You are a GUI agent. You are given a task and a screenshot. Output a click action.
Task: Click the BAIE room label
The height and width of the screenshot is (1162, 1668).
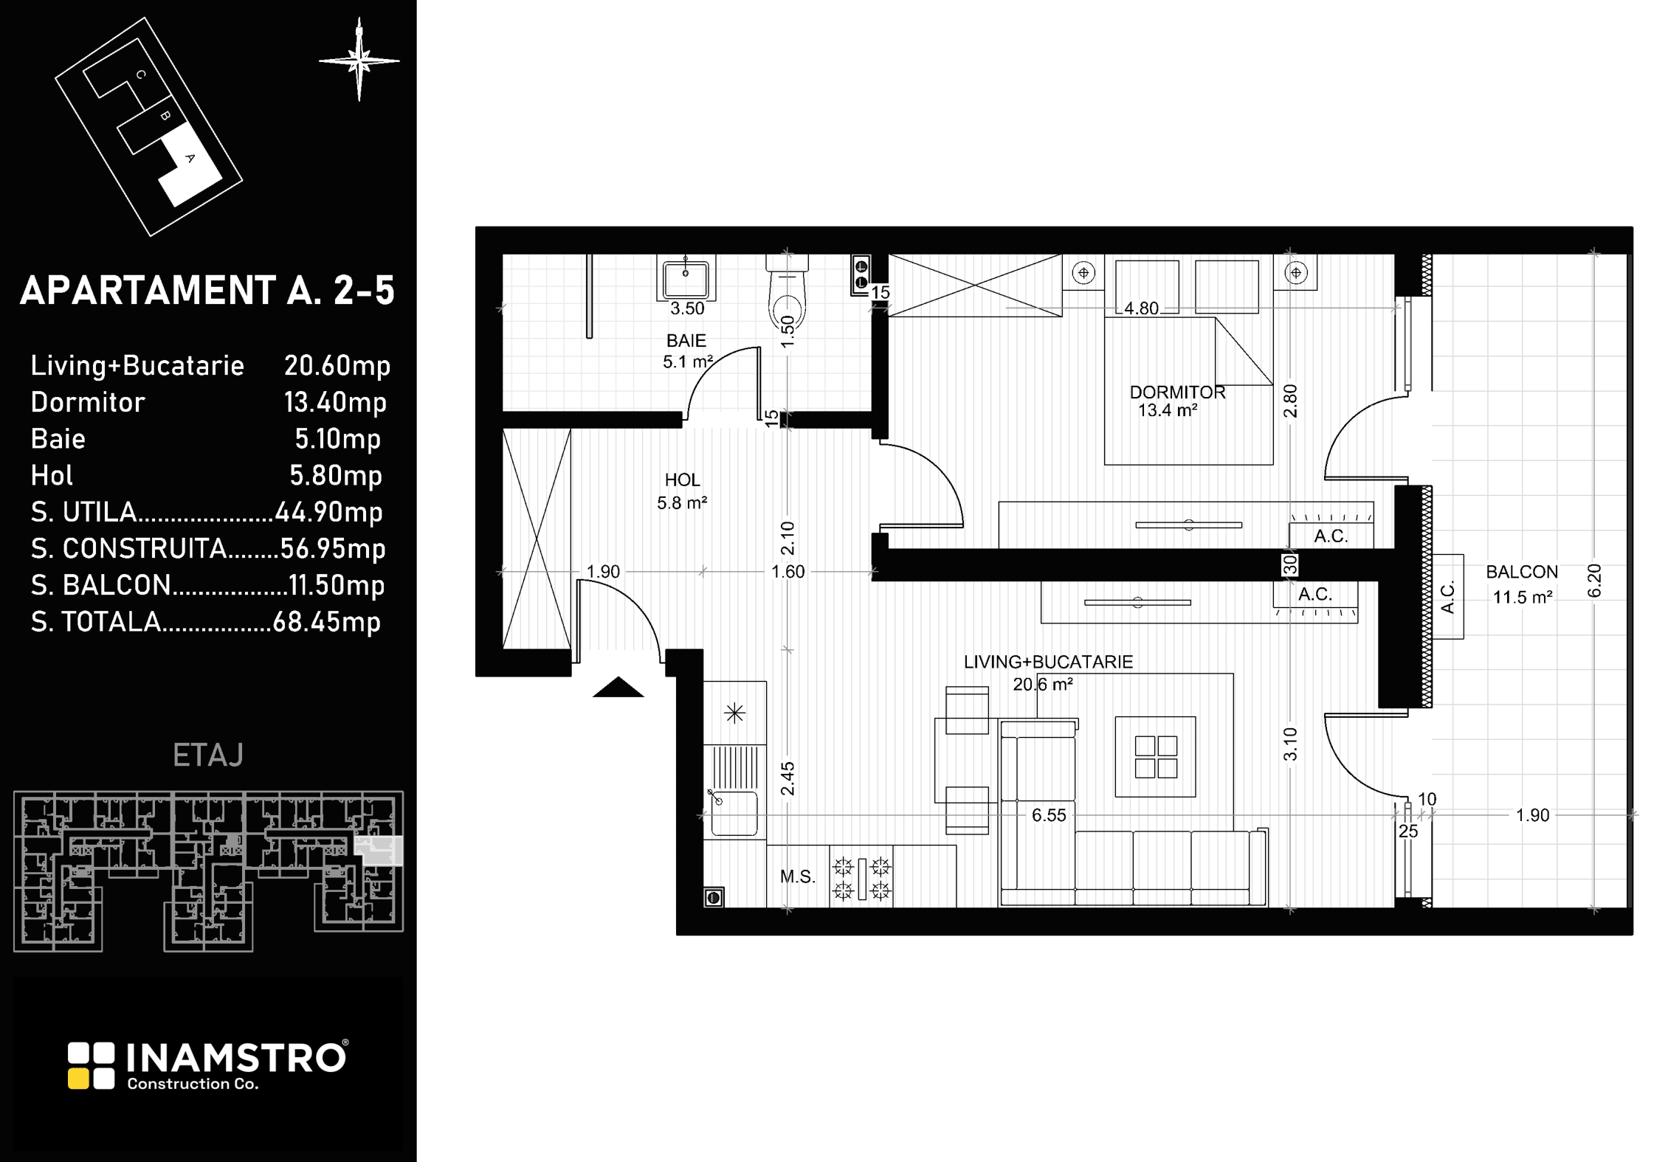tap(686, 341)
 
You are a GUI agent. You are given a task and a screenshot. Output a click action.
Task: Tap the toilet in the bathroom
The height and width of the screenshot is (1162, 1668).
tap(787, 294)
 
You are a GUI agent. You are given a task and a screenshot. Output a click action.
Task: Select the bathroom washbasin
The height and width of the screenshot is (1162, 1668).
tap(686, 277)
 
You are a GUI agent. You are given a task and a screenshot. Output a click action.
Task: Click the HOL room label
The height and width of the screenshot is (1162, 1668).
tap(682, 480)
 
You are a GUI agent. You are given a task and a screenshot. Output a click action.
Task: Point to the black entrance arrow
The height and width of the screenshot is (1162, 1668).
tap(618, 687)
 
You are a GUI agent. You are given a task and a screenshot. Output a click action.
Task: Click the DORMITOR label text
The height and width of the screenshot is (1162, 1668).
tap(1177, 392)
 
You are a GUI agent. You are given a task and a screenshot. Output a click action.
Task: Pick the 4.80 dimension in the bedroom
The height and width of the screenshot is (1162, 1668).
tap(1141, 308)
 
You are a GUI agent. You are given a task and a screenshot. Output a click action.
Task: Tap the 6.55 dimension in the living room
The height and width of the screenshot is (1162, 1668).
tap(1049, 815)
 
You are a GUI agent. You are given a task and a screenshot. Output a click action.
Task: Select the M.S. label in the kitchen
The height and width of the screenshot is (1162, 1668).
tap(797, 876)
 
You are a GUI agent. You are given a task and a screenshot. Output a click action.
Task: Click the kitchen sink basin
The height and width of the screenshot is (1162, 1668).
tap(734, 814)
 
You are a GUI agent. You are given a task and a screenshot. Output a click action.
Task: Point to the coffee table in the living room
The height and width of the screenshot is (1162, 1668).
tap(1155, 756)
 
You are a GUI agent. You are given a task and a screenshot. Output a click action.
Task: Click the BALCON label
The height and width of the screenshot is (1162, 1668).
tap(1522, 572)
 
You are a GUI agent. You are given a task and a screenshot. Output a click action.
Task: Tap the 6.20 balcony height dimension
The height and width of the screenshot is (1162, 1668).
tap(1594, 581)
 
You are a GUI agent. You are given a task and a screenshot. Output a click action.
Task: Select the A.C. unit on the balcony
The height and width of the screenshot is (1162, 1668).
tap(1448, 597)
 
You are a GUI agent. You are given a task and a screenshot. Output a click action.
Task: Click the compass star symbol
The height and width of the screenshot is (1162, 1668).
tap(359, 60)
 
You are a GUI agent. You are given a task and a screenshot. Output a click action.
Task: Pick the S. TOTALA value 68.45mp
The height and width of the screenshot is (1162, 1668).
tap(327, 622)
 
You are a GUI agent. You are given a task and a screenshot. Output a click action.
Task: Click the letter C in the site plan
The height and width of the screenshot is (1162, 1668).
tap(141, 75)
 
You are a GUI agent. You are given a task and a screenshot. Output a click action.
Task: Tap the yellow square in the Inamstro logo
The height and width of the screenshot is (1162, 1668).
tap(79, 1079)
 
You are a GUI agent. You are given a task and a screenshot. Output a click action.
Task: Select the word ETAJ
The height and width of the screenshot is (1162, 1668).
tap(208, 755)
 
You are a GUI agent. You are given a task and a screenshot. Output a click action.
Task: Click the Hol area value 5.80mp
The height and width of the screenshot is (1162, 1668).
tap(336, 476)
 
